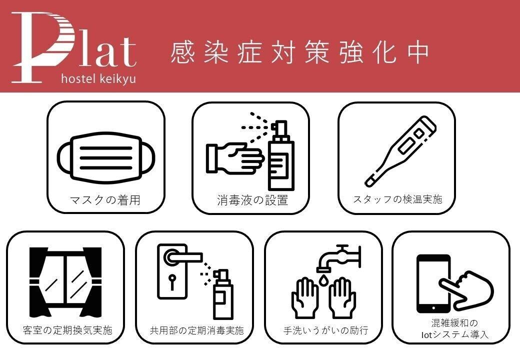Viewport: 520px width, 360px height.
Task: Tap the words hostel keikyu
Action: click(99, 79)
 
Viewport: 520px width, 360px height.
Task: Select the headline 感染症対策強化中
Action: click(300, 52)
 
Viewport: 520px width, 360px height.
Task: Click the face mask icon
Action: click(106, 158)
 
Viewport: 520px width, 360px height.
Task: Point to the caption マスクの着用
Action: click(105, 200)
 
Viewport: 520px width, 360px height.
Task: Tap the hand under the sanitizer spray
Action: click(234, 158)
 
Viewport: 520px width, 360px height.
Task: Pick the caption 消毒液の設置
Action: click(252, 200)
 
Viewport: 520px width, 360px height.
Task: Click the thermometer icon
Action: click(400, 151)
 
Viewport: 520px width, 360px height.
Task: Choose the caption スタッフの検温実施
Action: click(397, 199)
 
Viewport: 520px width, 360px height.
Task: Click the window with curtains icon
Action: click(65, 282)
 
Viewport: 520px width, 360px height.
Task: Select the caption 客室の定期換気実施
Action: click(67, 330)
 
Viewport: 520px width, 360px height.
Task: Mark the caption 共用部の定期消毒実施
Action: click(196, 330)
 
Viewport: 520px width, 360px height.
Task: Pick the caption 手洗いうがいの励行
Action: click(325, 330)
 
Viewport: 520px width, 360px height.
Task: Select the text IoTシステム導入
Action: click(454, 335)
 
